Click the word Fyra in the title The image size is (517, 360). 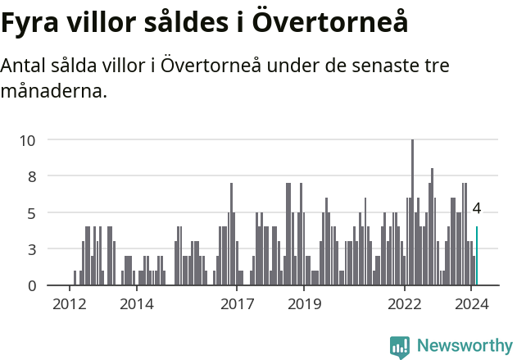30,24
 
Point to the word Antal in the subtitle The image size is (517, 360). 25,66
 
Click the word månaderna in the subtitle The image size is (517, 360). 54,90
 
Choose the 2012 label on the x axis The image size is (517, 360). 70,304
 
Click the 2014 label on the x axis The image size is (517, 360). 137,304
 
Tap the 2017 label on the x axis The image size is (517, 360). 238,304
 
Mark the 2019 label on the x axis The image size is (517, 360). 304,304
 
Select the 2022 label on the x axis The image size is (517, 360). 405,304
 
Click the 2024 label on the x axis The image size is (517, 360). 472,304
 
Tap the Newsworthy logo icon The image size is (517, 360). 399,346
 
